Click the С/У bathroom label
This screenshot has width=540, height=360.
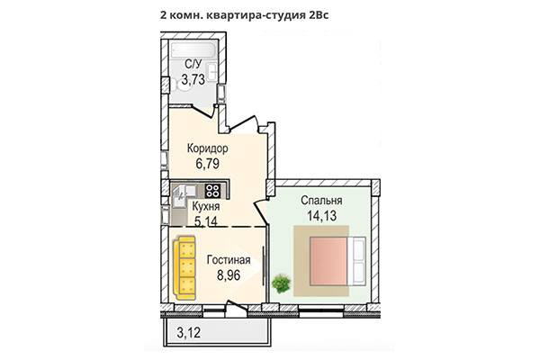(193, 65)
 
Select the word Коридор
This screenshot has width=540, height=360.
(207, 148)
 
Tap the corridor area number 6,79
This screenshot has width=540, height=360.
(206, 164)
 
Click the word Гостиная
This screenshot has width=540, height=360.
(229, 261)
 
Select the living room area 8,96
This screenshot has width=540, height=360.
(229, 275)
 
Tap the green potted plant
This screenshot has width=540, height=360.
(281, 283)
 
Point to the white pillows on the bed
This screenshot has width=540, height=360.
(359, 261)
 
